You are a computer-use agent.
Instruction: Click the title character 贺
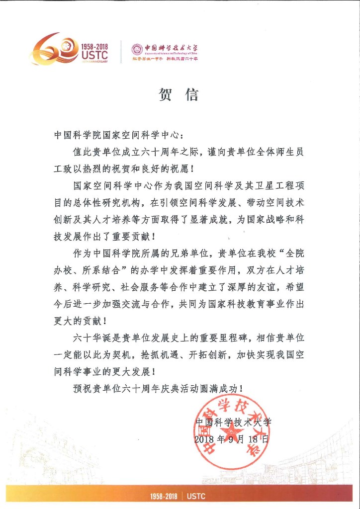(166, 94)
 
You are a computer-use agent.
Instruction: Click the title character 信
(192, 94)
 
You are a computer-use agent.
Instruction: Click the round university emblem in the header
(137, 49)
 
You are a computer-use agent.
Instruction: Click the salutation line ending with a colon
(119, 135)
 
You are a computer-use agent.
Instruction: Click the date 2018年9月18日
(232, 439)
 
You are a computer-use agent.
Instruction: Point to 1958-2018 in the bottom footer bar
(164, 496)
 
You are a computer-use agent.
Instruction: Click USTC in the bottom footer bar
(196, 496)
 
